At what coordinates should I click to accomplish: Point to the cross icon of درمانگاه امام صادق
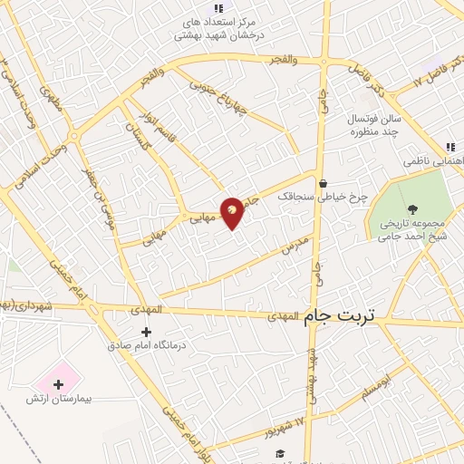147,332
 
